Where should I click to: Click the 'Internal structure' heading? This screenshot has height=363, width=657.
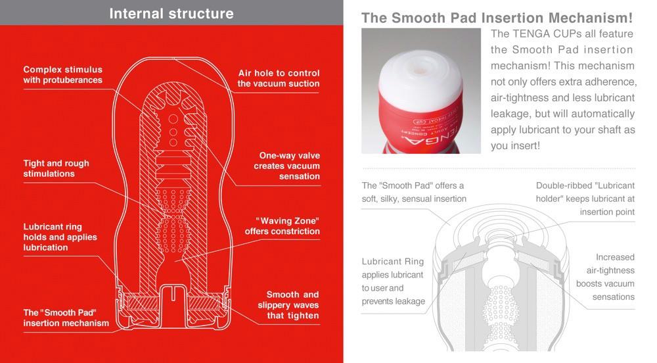coord(171,13)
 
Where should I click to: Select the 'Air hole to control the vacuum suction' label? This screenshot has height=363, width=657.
coord(279,78)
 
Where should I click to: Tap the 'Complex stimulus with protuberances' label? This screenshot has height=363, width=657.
coord(63,75)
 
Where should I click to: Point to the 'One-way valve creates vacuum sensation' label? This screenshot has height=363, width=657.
coord(289,166)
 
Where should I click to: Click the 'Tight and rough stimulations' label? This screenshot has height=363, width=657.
coord(57,168)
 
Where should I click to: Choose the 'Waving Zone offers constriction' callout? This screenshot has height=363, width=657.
coord(283,226)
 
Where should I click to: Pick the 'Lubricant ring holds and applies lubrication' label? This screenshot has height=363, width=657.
coord(60,237)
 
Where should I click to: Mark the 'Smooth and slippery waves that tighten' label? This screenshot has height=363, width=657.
coord(292,304)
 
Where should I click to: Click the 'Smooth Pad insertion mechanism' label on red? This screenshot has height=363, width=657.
coord(66,318)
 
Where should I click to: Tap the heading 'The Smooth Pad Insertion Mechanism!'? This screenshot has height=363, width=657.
coord(497,18)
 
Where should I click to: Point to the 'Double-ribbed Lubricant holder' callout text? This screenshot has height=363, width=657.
coord(585,199)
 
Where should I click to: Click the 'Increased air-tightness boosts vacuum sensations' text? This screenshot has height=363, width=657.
coord(605,277)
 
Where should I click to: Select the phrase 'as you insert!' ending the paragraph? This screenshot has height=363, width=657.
coord(515,145)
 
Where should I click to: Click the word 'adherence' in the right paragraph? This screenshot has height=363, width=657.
coord(610,82)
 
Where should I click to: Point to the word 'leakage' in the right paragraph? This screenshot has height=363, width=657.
coord(510,114)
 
